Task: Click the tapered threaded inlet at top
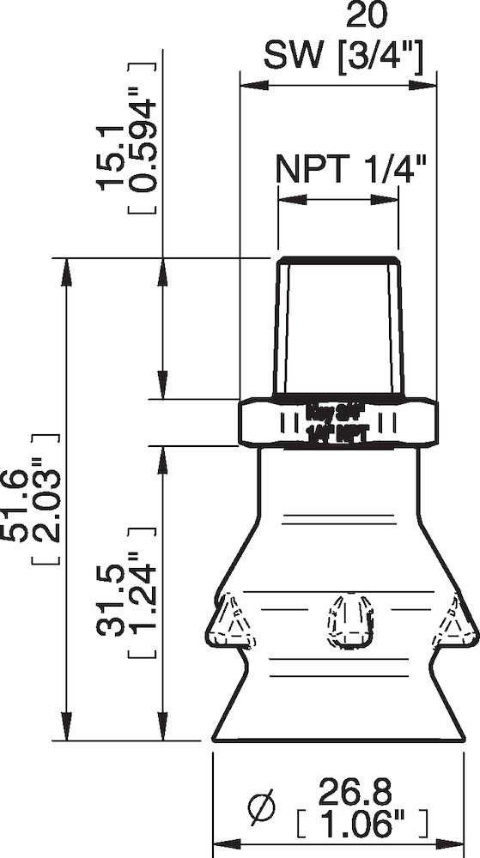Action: [338, 330]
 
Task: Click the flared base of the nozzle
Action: [338, 712]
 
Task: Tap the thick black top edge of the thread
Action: [338, 259]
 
